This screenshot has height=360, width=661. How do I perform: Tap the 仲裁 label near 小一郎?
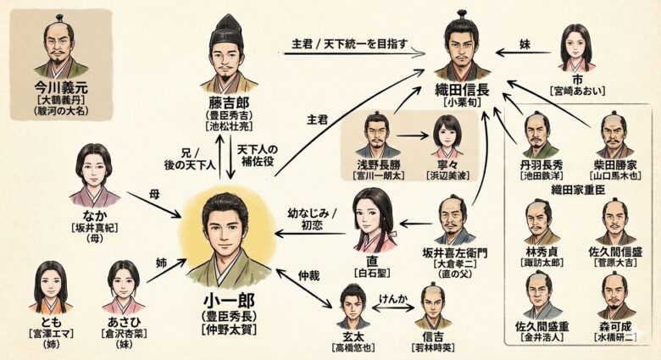(x=308, y=277)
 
